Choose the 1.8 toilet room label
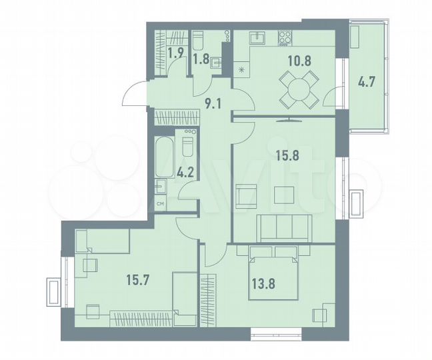click(201, 58)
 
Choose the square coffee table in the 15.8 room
click(284, 195)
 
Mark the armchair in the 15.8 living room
click(245, 197)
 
